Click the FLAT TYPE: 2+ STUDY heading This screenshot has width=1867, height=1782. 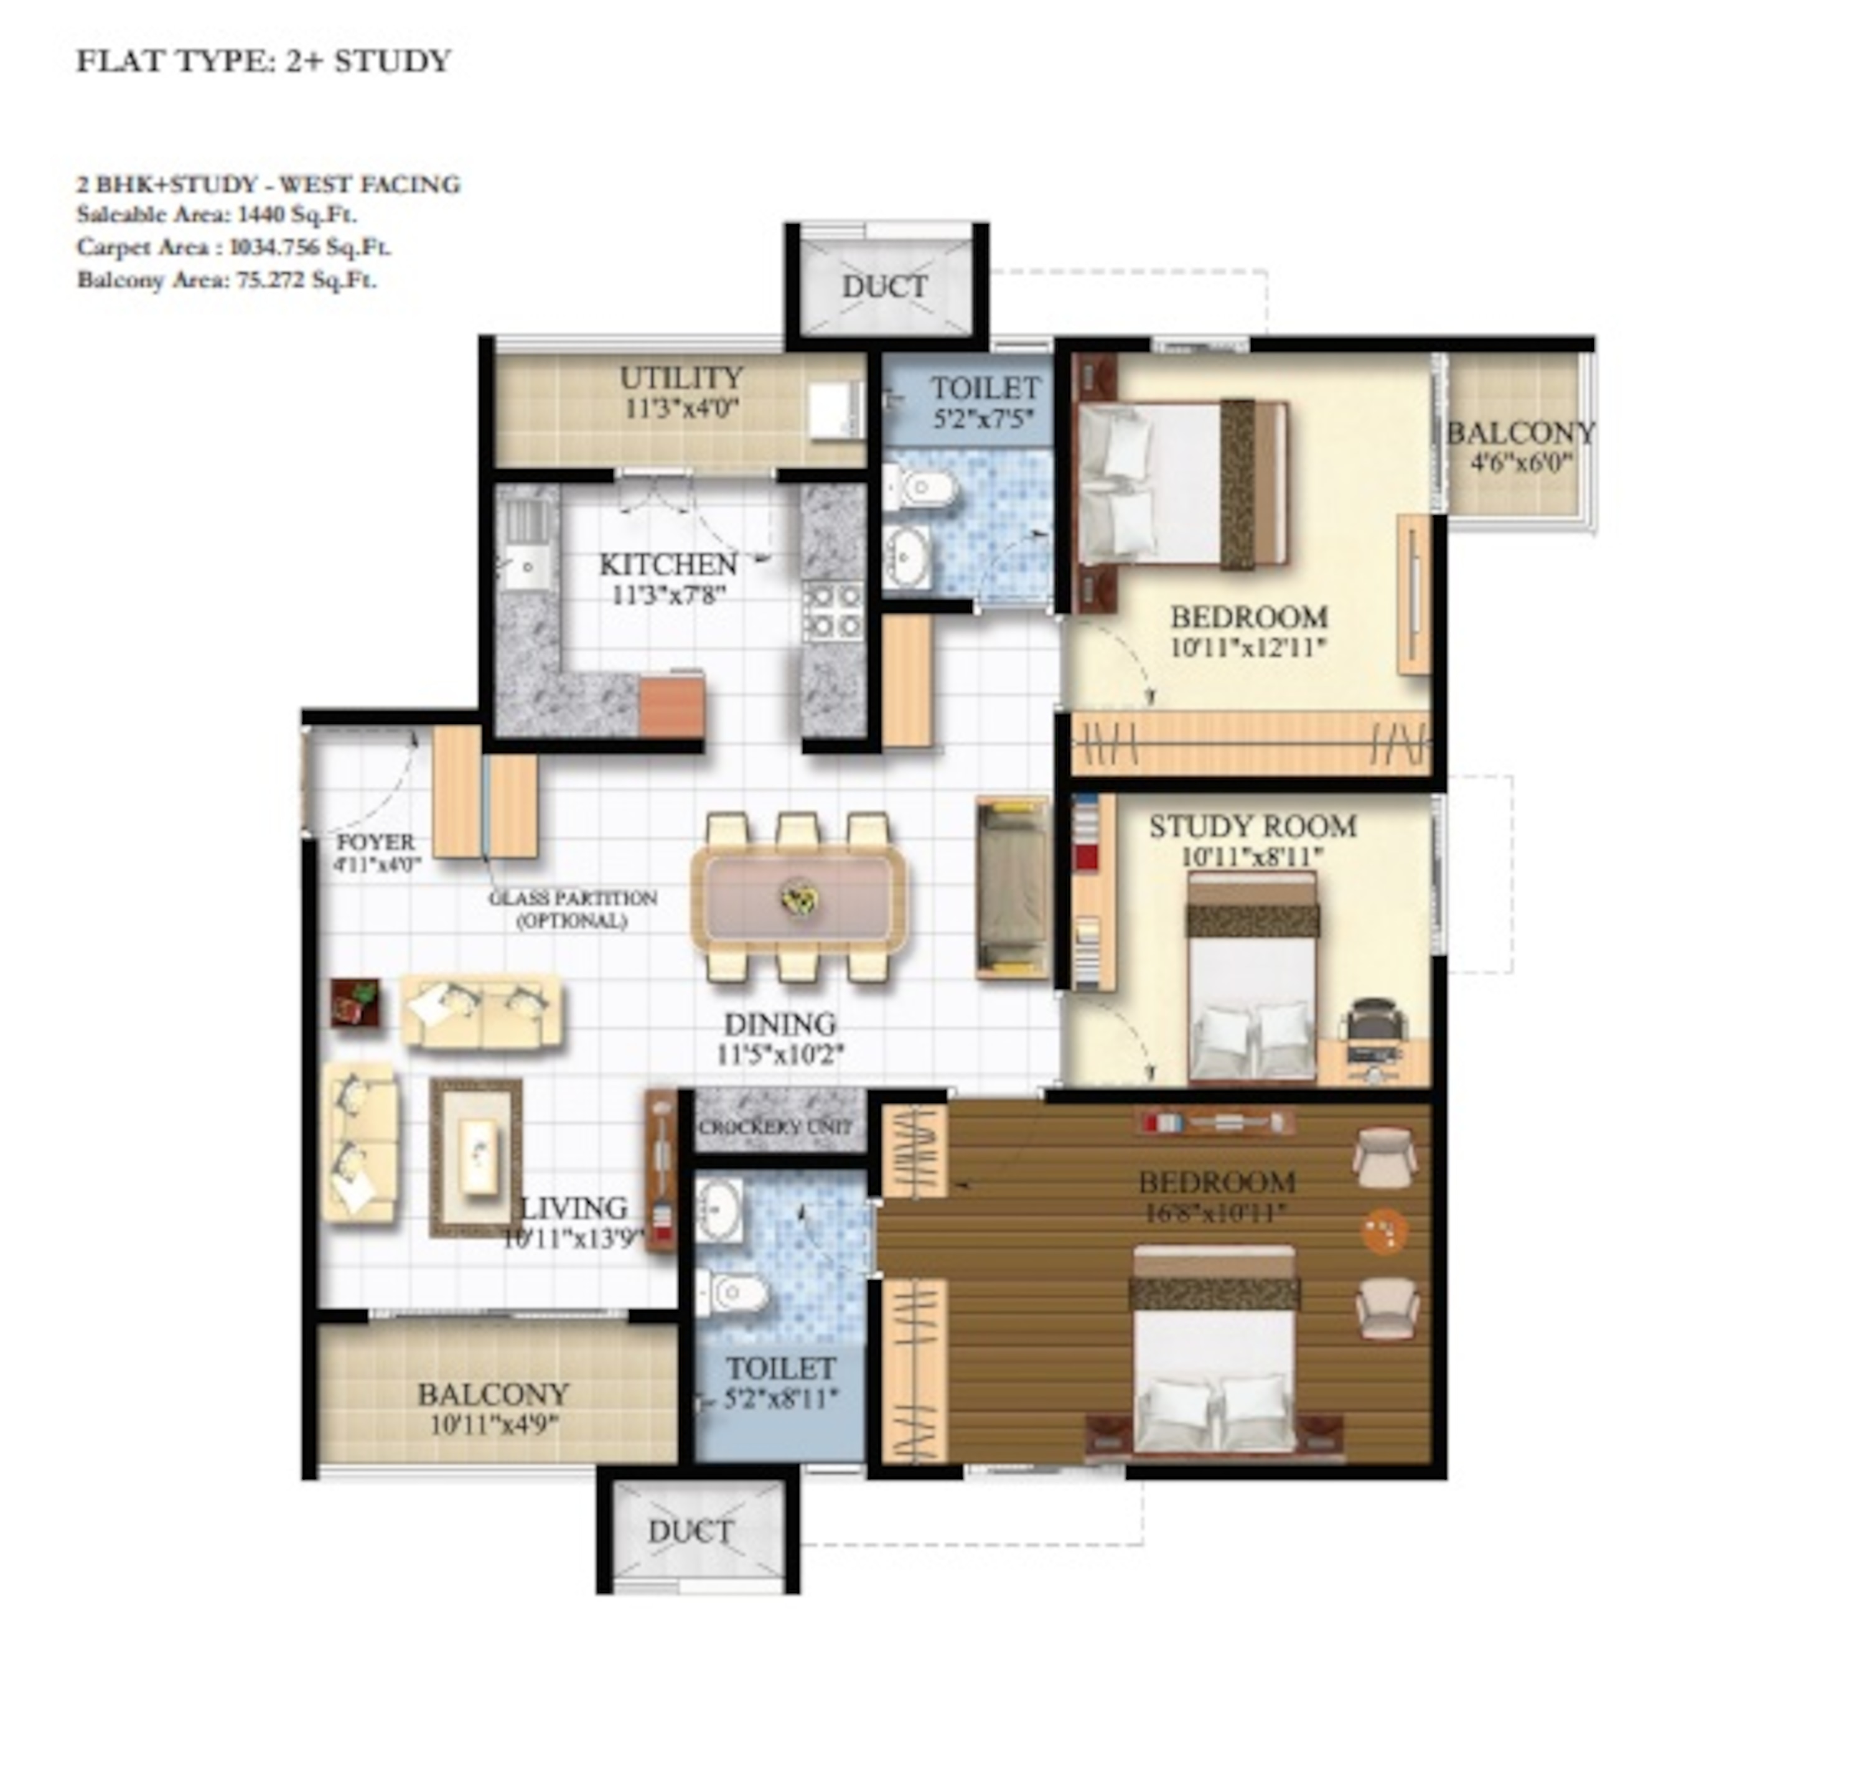[263, 61]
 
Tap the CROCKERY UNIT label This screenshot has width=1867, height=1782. [776, 1128]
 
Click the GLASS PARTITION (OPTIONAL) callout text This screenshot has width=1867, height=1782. [572, 908]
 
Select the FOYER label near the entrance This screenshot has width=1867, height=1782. [375, 842]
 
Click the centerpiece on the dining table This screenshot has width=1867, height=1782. [797, 898]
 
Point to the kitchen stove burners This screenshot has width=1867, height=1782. [832, 611]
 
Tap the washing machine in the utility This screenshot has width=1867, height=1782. [835, 412]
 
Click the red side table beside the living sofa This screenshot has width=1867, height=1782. [355, 1002]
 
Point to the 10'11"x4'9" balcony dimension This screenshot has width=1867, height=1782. [493, 1424]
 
